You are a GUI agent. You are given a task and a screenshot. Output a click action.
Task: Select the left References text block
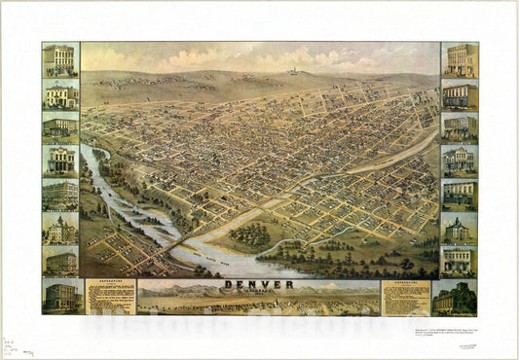pyautogui.click(x=110, y=298)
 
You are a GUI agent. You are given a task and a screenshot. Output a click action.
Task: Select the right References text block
pyautogui.click(x=405, y=298)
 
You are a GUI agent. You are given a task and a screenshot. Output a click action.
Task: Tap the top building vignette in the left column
pyautogui.click(x=60, y=59)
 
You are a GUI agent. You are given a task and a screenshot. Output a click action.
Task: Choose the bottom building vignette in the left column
pyautogui.click(x=60, y=297)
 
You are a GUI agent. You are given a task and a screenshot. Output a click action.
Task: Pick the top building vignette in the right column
pyautogui.click(x=459, y=59)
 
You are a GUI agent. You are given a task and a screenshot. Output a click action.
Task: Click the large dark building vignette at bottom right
pyautogui.click(x=456, y=298)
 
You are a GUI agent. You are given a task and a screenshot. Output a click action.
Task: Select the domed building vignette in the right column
pyautogui.click(x=459, y=229)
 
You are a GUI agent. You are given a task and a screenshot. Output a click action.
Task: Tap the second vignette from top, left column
pyautogui.click(x=60, y=94)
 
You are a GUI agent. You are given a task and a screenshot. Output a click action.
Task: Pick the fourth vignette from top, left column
pyautogui.click(x=60, y=161)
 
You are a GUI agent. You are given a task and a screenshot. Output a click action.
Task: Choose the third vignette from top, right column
pyautogui.click(x=459, y=127)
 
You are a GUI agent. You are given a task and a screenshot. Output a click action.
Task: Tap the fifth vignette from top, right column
pyautogui.click(x=459, y=195)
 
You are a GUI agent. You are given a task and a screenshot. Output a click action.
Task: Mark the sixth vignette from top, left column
pyautogui.click(x=60, y=229)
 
